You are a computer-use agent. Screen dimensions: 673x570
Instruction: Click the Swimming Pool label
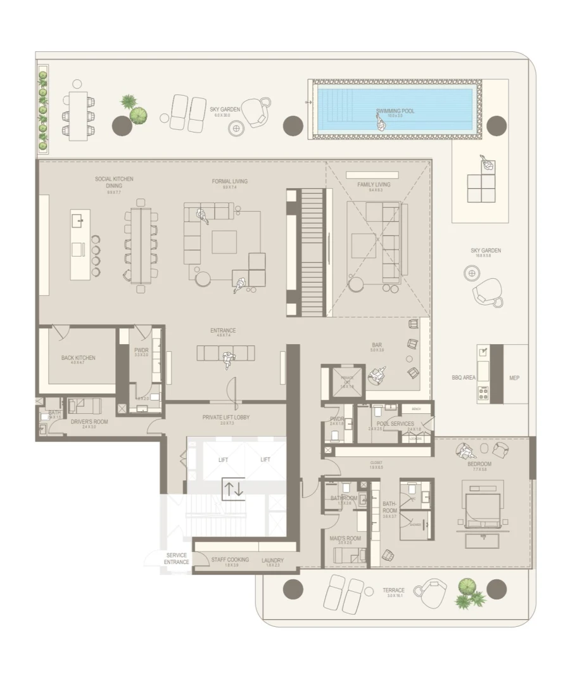pyautogui.click(x=395, y=111)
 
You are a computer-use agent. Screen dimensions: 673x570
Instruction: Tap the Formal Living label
pyautogui.click(x=230, y=181)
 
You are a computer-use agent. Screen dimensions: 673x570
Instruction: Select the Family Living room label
pyautogui.click(x=374, y=184)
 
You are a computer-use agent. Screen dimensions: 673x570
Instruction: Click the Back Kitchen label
pyautogui.click(x=79, y=358)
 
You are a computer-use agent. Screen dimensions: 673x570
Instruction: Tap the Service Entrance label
pyautogui.click(x=176, y=558)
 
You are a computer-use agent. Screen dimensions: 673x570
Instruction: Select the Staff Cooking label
pyautogui.click(x=229, y=560)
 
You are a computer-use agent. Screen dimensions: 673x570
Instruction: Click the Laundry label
pyautogui.click(x=272, y=560)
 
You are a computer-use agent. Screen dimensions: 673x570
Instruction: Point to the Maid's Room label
pyautogui.click(x=345, y=539)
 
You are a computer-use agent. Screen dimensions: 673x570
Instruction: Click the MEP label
pyautogui.click(x=515, y=378)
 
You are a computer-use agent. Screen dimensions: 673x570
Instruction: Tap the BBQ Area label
pyautogui.click(x=464, y=378)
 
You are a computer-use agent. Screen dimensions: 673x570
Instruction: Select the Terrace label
pyautogui.click(x=393, y=590)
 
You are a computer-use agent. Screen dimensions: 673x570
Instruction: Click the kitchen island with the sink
pyautogui.click(x=80, y=244)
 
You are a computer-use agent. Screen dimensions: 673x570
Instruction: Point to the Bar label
pyautogui.click(x=377, y=345)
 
